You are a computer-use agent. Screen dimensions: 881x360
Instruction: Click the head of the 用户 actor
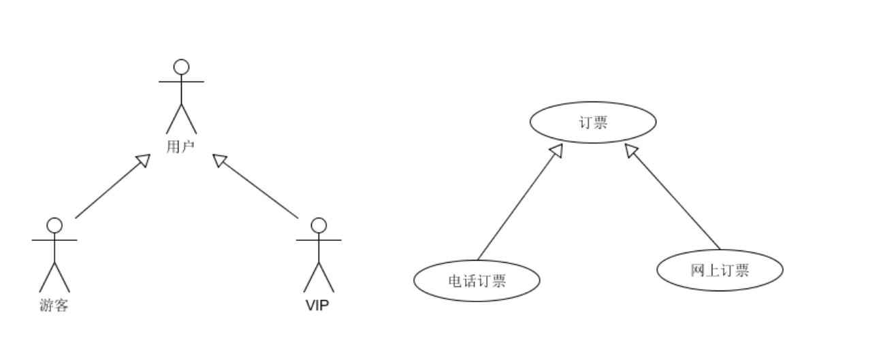tap(181, 67)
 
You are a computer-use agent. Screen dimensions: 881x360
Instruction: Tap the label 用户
tap(180, 146)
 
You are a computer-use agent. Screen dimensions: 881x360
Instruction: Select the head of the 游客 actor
tap(54, 225)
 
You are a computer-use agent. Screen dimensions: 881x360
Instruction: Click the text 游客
tap(54, 306)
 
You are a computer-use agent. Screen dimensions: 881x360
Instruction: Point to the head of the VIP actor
tap(318, 225)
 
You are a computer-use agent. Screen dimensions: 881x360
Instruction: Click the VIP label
tap(317, 306)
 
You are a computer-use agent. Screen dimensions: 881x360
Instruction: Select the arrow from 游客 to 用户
tap(109, 189)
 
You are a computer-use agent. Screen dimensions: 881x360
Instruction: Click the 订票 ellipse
tap(592, 122)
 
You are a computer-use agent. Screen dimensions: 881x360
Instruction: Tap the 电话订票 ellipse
tap(477, 280)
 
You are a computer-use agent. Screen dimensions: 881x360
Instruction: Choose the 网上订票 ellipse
tap(720, 270)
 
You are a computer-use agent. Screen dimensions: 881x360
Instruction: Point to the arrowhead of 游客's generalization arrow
tap(143, 160)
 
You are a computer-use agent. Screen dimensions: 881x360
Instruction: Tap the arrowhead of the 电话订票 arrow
tap(556, 151)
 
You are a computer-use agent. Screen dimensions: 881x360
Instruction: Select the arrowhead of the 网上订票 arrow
tap(631, 151)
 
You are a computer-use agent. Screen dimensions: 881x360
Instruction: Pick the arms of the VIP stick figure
tap(318, 240)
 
